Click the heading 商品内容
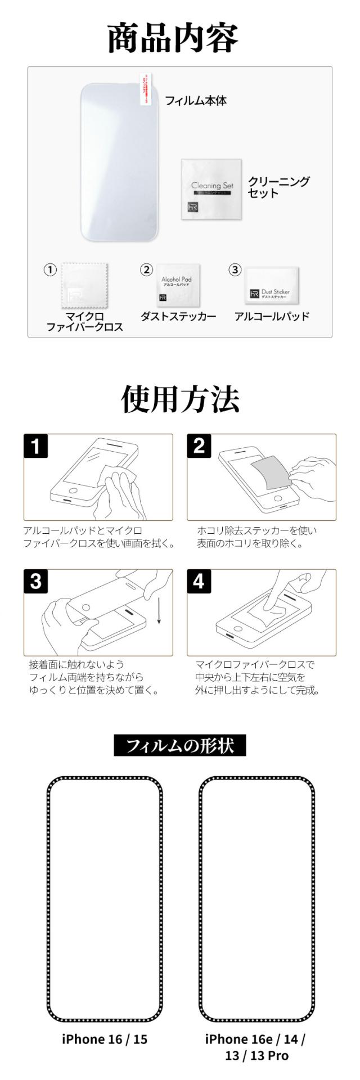(x=173, y=38)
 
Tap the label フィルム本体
(x=195, y=101)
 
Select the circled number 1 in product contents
(x=51, y=270)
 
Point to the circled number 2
(x=146, y=270)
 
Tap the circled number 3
(x=235, y=270)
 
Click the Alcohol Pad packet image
(x=177, y=285)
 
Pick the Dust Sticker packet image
(x=272, y=286)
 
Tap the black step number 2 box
(x=199, y=447)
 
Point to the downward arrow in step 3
(x=159, y=612)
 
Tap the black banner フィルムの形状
(x=180, y=746)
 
